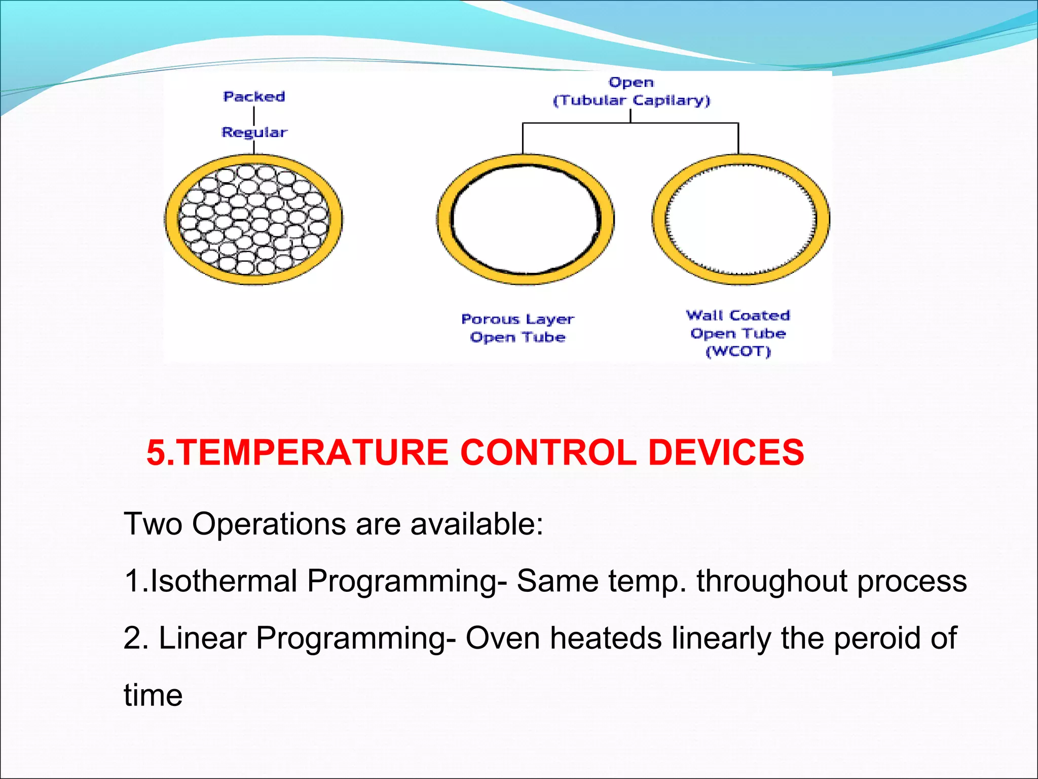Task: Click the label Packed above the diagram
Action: [254, 96]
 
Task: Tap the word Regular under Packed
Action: [254, 132]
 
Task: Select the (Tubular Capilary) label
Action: [632, 100]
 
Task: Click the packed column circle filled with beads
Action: [253, 219]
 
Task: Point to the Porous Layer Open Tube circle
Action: [526, 219]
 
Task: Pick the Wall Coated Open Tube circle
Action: [740, 219]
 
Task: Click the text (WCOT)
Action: [738, 351]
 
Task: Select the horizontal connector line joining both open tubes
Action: [630, 123]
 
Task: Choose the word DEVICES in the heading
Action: [726, 452]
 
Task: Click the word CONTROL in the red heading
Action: [548, 452]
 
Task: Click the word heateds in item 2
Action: [605, 638]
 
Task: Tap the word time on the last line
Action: [153, 695]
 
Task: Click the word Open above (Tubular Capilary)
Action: [631, 82]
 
